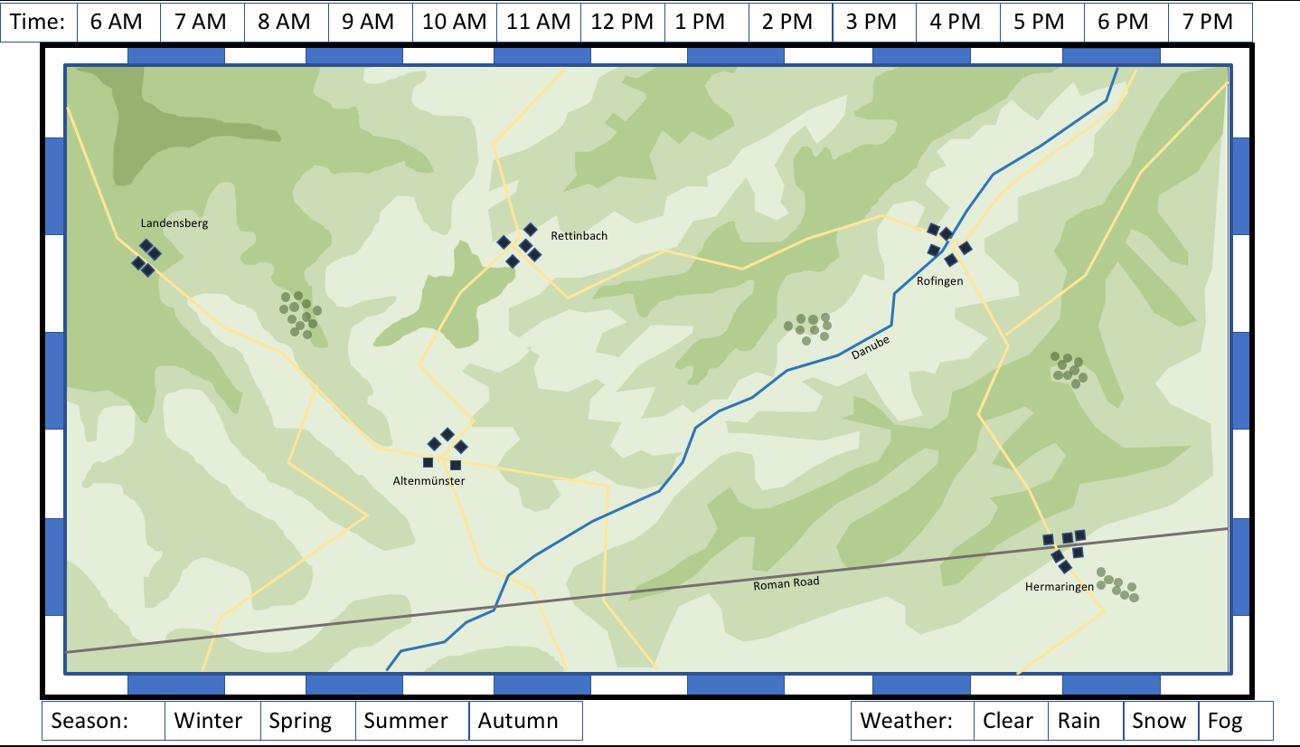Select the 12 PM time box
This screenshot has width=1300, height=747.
coord(622,22)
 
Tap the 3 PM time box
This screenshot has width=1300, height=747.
coord(873,22)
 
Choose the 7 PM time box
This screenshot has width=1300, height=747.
coord(1209,22)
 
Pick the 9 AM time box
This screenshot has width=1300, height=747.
coord(370,22)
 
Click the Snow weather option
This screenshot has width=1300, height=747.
coord(1160,721)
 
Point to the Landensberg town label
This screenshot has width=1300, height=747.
coord(174,223)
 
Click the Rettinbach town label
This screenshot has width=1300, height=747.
coord(579,236)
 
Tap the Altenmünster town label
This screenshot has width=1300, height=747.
coord(429,481)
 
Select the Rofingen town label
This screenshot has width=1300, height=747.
coord(939,281)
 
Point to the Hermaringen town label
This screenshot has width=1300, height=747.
coord(1059,587)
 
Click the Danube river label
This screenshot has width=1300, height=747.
coord(871,348)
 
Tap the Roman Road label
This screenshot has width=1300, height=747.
coord(786,584)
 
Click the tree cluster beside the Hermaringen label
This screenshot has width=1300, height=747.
coord(1117,584)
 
